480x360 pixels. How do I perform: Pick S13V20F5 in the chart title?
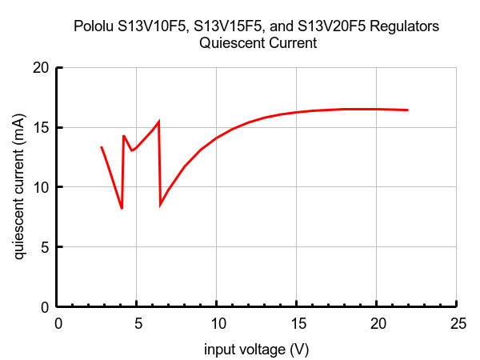point(331,26)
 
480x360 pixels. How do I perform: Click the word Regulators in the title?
point(404,27)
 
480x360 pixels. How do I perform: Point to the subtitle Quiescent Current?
point(258,43)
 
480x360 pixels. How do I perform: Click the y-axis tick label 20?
point(41,68)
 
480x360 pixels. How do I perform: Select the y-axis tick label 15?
point(41,128)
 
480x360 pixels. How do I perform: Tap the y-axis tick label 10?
point(41,187)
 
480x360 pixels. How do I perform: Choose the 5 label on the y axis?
point(45,247)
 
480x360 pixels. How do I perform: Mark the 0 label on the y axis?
point(45,307)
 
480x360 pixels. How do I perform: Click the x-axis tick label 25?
point(458,323)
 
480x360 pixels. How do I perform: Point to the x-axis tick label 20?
point(378,323)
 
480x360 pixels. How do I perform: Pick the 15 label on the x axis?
point(298,323)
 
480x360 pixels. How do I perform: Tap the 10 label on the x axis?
point(218,323)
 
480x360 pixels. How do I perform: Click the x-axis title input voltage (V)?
point(257,350)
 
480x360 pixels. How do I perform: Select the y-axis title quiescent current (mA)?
point(19,186)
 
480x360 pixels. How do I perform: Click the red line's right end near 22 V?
point(408,110)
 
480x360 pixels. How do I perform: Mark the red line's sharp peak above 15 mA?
point(158,122)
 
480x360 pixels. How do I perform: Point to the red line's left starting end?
point(102,147)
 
